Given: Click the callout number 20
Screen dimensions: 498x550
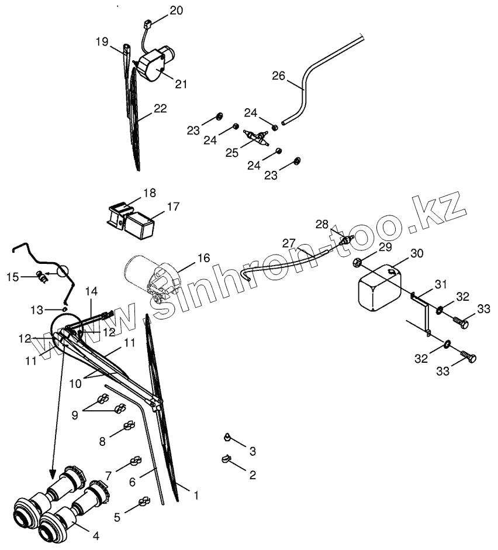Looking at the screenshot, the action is (x=177, y=11).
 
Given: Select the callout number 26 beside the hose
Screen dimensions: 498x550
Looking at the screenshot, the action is (x=279, y=75).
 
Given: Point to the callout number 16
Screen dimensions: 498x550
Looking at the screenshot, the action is (x=203, y=258).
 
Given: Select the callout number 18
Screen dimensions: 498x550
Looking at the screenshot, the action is (x=150, y=193).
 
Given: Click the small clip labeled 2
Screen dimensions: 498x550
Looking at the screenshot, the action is (x=227, y=459).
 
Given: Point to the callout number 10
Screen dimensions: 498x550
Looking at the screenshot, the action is (x=75, y=383).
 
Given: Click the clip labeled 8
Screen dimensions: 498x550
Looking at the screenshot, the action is (x=129, y=426).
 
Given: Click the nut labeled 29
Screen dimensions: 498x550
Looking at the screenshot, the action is (x=358, y=262).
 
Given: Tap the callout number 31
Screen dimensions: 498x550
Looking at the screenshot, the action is (x=441, y=284).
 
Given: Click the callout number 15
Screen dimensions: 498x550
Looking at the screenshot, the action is (x=13, y=277).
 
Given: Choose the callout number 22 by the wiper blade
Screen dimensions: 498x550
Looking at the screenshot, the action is (x=160, y=108).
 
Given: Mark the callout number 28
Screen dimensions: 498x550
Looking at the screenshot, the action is (x=321, y=224).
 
